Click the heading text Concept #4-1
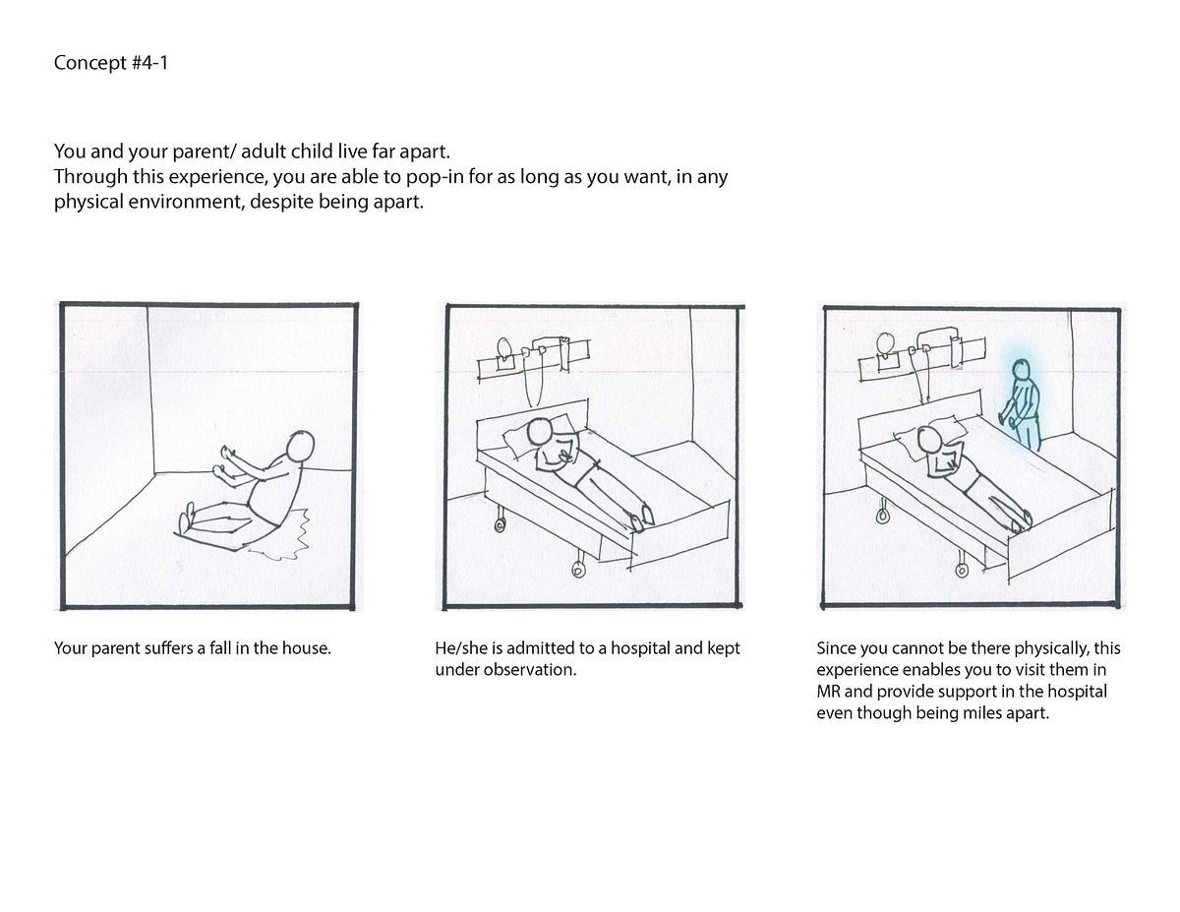[103, 65]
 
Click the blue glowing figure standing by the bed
[1021, 403]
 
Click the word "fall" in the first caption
[210, 649]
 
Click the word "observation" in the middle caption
[524, 671]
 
